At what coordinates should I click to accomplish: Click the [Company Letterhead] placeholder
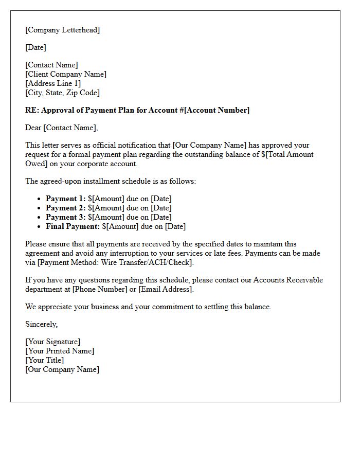62,30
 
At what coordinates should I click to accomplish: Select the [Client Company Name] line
66,74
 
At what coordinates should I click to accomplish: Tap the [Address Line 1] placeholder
53,83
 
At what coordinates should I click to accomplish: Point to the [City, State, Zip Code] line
62,93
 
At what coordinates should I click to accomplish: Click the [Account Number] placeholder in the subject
217,110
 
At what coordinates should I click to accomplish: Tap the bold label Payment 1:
65,199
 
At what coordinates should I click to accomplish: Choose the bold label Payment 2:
65,208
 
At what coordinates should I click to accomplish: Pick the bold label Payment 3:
65,217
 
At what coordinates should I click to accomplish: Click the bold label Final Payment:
73,226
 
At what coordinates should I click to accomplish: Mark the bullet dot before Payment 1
39,199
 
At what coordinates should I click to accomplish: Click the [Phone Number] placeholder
100,289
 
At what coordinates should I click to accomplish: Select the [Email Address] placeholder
166,289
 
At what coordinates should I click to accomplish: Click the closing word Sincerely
41,324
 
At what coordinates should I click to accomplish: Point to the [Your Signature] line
52,342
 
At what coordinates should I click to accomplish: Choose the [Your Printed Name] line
60,351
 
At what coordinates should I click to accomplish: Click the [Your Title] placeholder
45,360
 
